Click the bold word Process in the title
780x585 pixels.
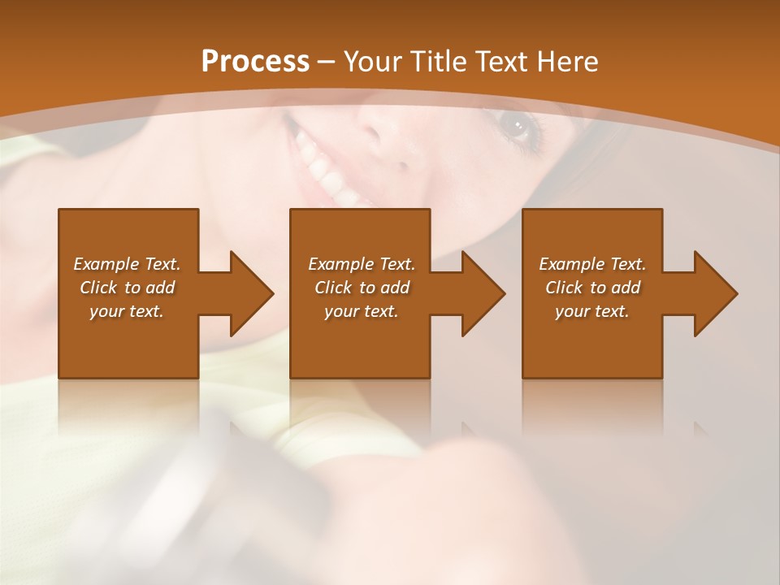pos(255,62)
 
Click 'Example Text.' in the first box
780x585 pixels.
pos(127,264)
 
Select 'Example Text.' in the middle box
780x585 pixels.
pos(361,264)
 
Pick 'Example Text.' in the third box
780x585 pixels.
pos(592,264)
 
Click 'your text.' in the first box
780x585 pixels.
pos(127,311)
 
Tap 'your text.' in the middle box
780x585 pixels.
pos(361,311)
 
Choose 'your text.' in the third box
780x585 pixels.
pos(592,311)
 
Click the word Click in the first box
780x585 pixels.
pos(98,288)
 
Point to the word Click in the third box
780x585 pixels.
pos(564,288)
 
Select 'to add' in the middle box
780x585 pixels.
pos(384,288)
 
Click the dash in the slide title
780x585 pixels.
pos(327,62)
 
